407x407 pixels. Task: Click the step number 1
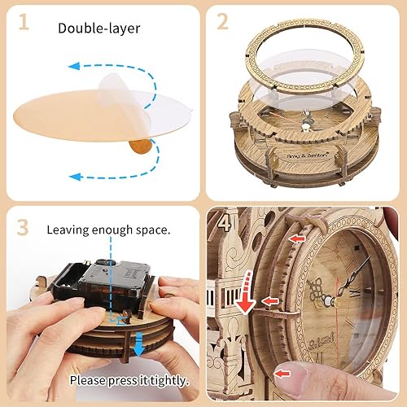[x=24, y=23]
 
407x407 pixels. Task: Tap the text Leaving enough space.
[x=109, y=230]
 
